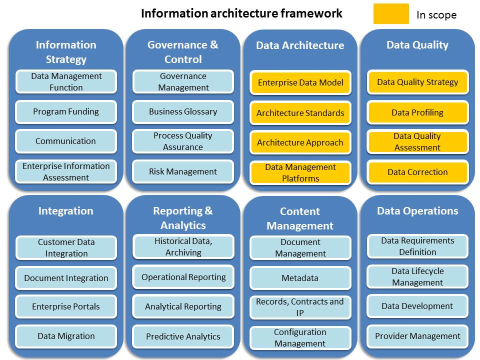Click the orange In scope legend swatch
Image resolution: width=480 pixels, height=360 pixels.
tap(391, 14)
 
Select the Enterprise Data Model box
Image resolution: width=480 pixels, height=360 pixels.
tap(300, 82)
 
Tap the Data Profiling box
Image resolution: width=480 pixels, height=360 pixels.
tap(417, 112)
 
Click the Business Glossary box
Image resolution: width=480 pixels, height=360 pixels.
tap(183, 112)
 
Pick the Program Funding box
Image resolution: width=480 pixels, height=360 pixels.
tap(66, 112)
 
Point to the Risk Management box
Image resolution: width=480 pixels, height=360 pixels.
tap(183, 171)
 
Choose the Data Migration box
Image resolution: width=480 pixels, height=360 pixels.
tap(66, 336)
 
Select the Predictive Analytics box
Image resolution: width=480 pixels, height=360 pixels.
tap(183, 336)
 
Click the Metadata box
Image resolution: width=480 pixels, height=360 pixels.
tap(300, 278)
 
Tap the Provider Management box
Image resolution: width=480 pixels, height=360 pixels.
tap(417, 336)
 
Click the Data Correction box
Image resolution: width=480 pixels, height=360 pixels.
tap(417, 172)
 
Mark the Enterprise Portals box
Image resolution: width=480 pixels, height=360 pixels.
tap(66, 306)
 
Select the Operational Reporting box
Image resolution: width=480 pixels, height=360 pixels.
tap(183, 277)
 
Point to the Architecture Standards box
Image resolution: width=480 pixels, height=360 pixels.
tap(300, 113)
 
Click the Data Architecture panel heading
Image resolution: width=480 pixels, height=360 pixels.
tap(300, 45)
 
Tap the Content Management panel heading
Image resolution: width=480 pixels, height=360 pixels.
tap(300, 218)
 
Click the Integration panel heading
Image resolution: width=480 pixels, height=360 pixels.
tap(66, 211)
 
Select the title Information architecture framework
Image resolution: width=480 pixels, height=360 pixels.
tap(241, 13)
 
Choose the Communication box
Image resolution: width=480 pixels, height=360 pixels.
tap(66, 141)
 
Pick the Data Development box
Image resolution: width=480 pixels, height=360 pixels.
tap(417, 306)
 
